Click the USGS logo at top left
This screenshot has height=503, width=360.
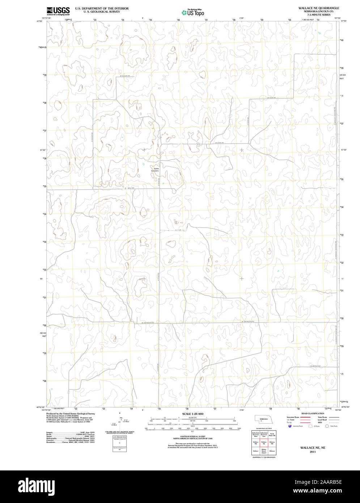tap(58, 11)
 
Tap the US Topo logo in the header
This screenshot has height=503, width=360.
tap(193, 13)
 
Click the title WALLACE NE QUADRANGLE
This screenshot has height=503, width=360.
tap(318, 8)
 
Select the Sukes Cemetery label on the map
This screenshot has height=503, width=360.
tap(156, 169)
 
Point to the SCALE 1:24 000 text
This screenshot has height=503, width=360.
tap(192, 414)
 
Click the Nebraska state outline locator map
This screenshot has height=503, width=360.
tap(263, 419)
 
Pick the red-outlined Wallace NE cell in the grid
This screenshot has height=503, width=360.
tap(264, 443)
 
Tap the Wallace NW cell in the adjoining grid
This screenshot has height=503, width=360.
tap(255, 443)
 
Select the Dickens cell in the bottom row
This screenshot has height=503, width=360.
tap(272, 451)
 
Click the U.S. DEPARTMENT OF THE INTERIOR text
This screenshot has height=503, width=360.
tap(102, 8)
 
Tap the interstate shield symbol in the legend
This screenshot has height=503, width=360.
tap(289, 426)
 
